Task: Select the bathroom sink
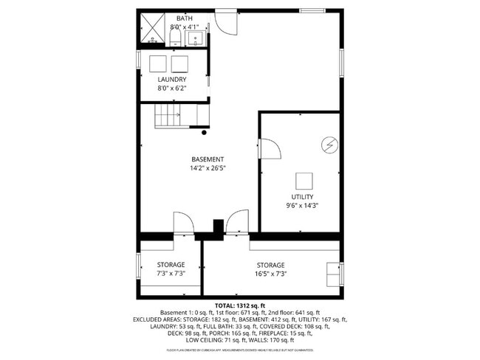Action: (x=196, y=40)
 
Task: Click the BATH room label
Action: (x=184, y=18)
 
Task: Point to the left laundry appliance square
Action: (x=159, y=63)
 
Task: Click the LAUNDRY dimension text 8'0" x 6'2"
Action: (x=172, y=89)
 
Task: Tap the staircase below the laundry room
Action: (x=168, y=116)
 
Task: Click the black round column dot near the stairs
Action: (x=204, y=133)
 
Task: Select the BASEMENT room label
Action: (x=208, y=159)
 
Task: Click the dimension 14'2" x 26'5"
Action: (x=208, y=168)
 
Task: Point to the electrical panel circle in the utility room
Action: (x=329, y=145)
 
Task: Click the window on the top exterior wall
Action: (x=312, y=10)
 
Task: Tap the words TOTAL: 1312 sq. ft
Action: (x=239, y=305)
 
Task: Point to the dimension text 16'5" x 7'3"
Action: (x=270, y=274)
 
